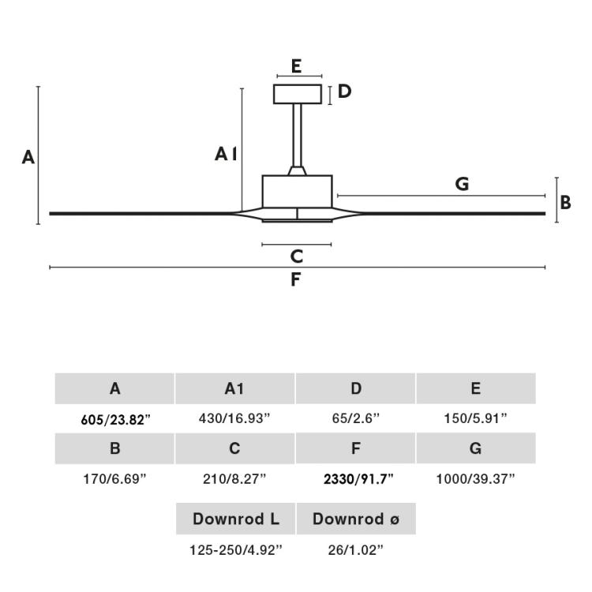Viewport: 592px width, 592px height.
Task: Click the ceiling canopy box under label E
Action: click(x=297, y=94)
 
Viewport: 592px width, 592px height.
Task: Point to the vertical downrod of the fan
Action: click(x=297, y=134)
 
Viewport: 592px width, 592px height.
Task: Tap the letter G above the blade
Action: click(x=462, y=184)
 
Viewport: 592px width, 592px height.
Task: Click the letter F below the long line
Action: click(x=296, y=279)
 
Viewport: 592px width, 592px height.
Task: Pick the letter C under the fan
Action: click(x=297, y=256)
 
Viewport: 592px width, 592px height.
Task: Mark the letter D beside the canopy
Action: click(x=344, y=92)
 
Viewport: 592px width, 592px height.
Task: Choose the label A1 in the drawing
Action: click(x=227, y=154)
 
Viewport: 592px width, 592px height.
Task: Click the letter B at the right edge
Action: click(x=565, y=202)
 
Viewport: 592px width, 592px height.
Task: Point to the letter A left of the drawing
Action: click(x=28, y=157)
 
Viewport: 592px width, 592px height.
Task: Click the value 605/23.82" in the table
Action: click(x=115, y=420)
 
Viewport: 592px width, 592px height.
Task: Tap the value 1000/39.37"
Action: click(x=475, y=478)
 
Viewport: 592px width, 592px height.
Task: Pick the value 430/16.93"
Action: click(x=234, y=419)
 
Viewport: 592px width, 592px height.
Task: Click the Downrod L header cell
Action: click(x=235, y=519)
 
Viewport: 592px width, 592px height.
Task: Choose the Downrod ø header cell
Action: click(x=355, y=519)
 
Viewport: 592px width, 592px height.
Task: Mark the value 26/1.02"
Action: click(x=355, y=549)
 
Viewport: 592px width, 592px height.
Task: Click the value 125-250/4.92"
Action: click(x=234, y=549)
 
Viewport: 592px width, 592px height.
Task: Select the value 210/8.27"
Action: click(x=234, y=478)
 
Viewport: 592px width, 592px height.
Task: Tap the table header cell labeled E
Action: click(x=475, y=388)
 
